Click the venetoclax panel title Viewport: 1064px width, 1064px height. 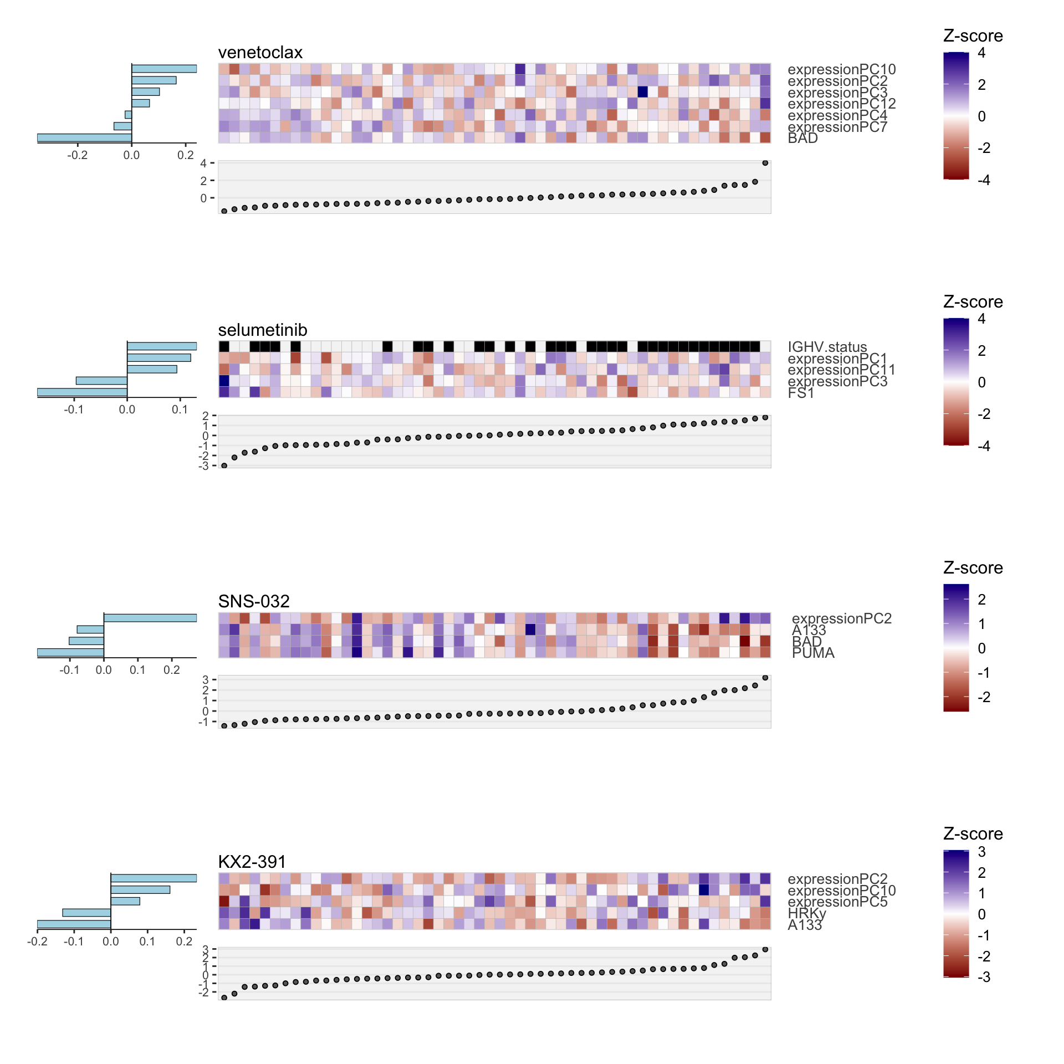[260, 53]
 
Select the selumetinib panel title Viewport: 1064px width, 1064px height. [262, 330]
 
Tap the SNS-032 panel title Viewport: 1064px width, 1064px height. [253, 601]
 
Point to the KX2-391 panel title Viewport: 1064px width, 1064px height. [252, 862]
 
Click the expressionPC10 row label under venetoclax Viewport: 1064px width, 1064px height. [841, 69]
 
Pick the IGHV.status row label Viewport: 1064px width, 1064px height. [827, 347]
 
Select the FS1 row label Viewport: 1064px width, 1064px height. [801, 393]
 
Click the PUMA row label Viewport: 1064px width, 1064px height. [813, 653]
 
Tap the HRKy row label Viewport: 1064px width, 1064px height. [806, 913]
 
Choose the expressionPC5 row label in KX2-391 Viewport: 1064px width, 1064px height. [837, 902]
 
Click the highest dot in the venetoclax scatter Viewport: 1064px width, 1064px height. [765, 163]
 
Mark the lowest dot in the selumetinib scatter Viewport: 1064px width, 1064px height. [224, 466]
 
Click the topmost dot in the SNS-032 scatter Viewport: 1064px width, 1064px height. [765, 678]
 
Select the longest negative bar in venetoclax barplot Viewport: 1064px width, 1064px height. [84, 137]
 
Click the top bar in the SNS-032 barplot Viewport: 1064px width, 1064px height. [150, 618]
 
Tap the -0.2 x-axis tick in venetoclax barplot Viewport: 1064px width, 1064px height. [77, 155]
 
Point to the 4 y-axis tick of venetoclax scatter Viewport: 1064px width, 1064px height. [203, 163]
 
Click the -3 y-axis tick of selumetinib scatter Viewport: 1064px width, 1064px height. [203, 466]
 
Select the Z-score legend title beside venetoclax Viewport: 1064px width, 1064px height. [973, 36]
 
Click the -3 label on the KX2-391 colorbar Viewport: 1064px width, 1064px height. [984, 977]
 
